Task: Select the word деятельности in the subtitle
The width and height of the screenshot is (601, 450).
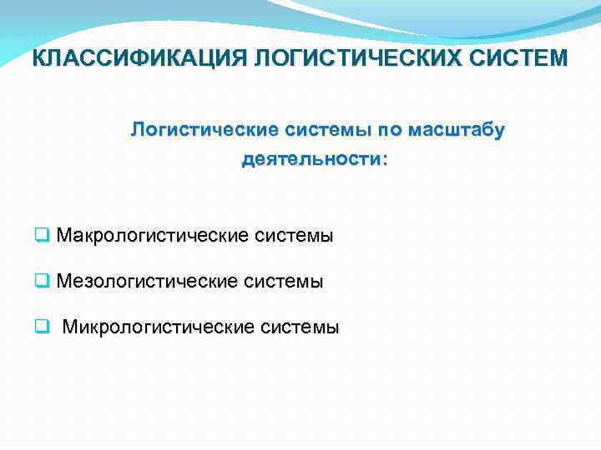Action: [309, 158]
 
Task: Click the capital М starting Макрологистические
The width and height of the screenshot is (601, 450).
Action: [65, 236]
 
